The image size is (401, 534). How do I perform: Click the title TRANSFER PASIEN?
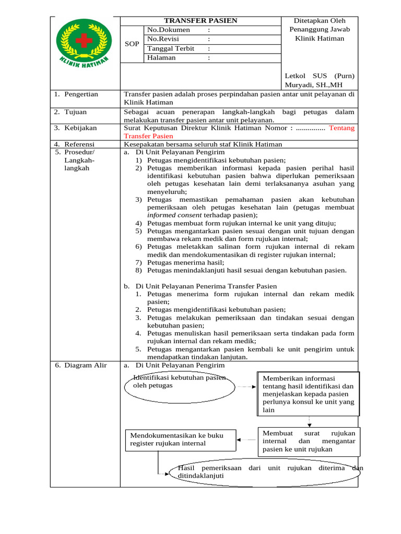(x=200, y=21)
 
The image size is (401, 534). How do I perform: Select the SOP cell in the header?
(x=132, y=44)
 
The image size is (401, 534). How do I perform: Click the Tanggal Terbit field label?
(x=171, y=48)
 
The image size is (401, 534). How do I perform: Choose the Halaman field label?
(x=161, y=58)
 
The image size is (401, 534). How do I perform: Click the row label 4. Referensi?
(x=75, y=144)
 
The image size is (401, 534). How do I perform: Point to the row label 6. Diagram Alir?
(x=80, y=365)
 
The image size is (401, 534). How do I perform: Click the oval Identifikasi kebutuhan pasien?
(x=178, y=385)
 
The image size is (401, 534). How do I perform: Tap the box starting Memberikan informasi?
(x=308, y=394)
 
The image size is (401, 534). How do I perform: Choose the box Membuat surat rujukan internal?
(x=309, y=441)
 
